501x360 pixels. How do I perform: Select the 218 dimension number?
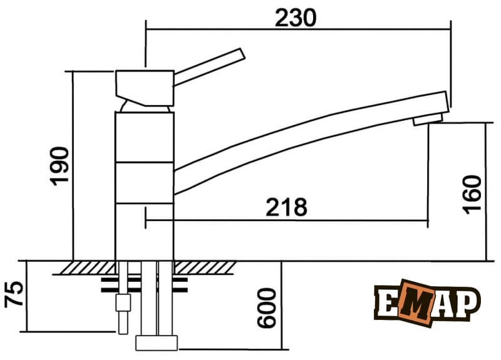pos(286,207)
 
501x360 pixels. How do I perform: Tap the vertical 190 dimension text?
pos(59,165)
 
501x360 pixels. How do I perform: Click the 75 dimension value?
pos(14,295)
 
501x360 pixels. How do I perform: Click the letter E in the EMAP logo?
pos(386,304)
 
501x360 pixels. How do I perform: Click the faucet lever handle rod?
pos(209,66)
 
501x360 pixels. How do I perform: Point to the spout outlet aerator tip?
pos(428,118)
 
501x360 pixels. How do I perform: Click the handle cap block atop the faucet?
pos(145,86)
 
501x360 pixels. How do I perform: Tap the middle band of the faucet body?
pos(145,182)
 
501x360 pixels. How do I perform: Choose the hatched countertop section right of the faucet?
pos(204,268)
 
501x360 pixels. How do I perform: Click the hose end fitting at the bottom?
pos(157,343)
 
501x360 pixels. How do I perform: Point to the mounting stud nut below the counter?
pos(122,305)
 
